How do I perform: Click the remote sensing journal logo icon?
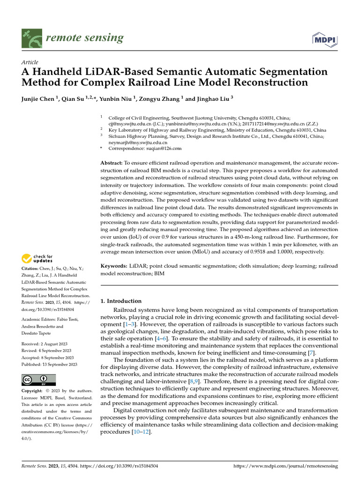31,38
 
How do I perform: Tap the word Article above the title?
30,62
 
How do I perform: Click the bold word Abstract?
112,163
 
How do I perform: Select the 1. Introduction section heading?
121,301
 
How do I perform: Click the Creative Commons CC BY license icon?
38,380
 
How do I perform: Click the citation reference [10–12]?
141,431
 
